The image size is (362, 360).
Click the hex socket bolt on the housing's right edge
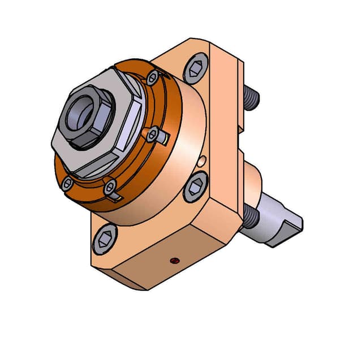(196, 188)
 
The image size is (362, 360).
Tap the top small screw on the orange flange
(153, 77)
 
